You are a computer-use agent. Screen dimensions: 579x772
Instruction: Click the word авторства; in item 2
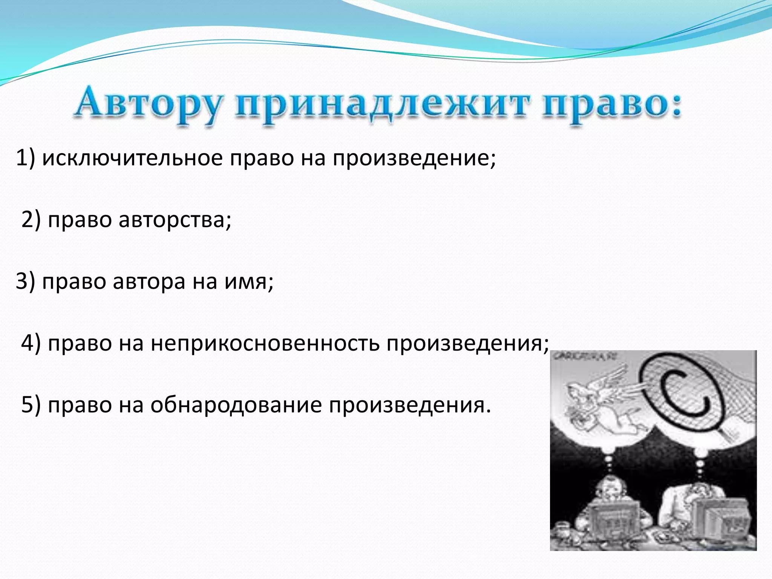click(175, 219)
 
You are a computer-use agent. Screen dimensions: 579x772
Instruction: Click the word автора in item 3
click(149, 281)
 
